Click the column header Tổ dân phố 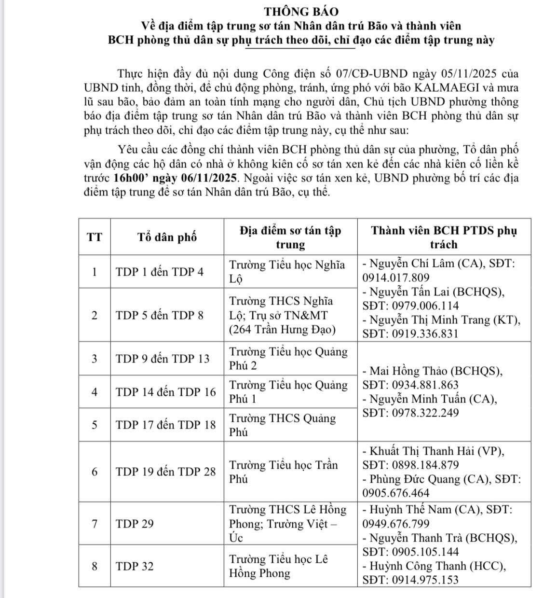pos(167,237)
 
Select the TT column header pos(95,237)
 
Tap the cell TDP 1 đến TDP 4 pos(160,272)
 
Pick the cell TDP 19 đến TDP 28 pos(166,472)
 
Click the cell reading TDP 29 pos(135,524)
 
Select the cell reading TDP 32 pos(135,566)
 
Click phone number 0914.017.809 pos(395,278)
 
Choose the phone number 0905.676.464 pos(395,493)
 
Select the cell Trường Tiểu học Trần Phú pos(284,472)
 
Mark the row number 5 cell pos(95,425)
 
